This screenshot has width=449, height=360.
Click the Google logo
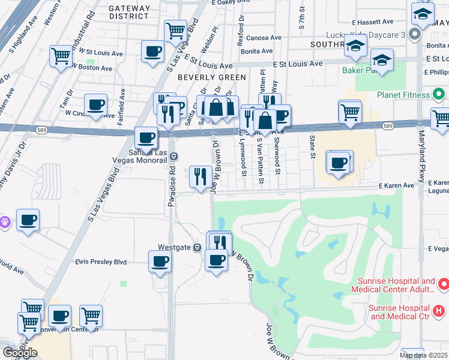pyautogui.click(x=20, y=353)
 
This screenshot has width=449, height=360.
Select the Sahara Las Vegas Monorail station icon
pyautogui.click(x=173, y=156)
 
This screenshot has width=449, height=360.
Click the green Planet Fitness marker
pyautogui.click(x=439, y=95)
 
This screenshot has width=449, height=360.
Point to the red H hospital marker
pyautogui.click(x=439, y=311)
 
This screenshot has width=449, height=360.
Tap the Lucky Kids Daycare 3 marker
pyautogui.click(x=414, y=34)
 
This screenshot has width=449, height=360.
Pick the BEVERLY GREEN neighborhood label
pyautogui.click(x=212, y=77)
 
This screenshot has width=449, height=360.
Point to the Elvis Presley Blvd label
pyautogui.click(x=101, y=262)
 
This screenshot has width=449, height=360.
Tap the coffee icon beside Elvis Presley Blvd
pyautogui.click(x=160, y=261)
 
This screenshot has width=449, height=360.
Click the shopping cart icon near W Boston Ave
pyautogui.click(x=61, y=56)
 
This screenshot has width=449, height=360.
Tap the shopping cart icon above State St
pyautogui.click(x=349, y=111)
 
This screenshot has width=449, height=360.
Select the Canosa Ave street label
pyautogui.click(x=264, y=38)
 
